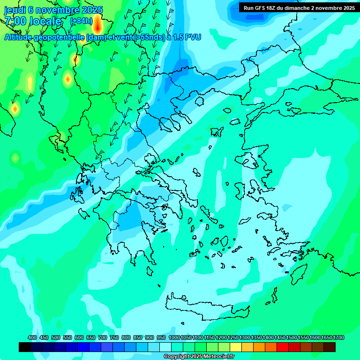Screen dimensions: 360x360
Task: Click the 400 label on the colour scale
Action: tap(32, 337)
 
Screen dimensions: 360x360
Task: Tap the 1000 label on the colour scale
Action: tap(174, 337)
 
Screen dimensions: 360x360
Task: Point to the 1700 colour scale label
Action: tap(338, 337)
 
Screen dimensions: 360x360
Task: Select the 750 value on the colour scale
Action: tap(114, 337)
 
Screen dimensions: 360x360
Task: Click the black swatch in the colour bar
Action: tap(25, 347)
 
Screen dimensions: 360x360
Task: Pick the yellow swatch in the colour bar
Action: tap(236, 347)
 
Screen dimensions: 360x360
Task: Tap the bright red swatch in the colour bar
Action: tap(283, 347)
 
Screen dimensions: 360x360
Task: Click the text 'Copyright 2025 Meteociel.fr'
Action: tap(199, 356)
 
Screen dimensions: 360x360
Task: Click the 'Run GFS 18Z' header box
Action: tap(299, 7)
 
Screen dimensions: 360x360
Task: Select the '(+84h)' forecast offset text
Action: tap(81, 21)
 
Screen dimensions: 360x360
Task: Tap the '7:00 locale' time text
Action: tap(33, 21)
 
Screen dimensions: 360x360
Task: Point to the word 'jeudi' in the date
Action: tap(15, 10)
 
